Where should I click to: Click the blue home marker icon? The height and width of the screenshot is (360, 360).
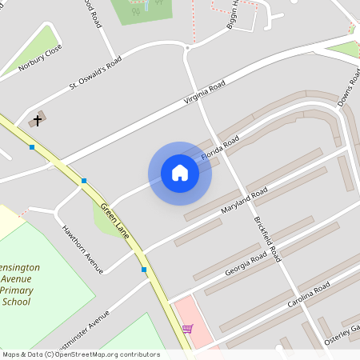(180, 173)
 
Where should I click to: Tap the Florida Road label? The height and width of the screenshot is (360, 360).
(220, 149)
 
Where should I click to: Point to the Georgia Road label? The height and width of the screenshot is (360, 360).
(246, 263)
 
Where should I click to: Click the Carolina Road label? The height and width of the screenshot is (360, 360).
(308, 296)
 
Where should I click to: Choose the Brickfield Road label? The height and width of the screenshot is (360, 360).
(267, 239)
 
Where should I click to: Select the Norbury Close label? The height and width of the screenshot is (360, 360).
(40, 58)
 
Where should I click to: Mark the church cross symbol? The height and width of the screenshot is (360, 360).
(36, 121)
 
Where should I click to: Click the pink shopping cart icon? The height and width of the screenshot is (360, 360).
(187, 328)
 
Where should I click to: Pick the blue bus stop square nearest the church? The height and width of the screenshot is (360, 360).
(32, 147)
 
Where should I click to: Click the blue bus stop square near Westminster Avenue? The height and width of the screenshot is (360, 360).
(144, 270)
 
